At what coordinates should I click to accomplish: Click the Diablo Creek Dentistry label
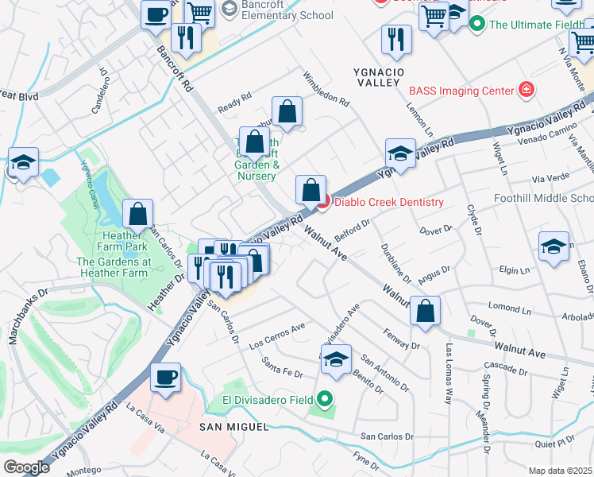(388, 202)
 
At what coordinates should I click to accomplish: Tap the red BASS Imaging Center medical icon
(526, 90)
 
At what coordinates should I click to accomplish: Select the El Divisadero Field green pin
(324, 399)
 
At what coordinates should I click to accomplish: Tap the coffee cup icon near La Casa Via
(165, 378)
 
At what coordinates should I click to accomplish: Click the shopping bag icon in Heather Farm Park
(137, 214)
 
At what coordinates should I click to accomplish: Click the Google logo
(26, 467)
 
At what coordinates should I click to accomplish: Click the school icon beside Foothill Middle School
(553, 246)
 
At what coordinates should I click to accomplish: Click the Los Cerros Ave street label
(277, 336)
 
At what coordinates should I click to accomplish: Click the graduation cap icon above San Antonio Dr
(336, 359)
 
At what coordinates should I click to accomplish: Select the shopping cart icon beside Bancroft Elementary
(199, 12)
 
